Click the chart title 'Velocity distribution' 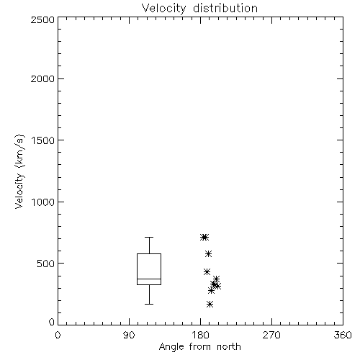click(199, 8)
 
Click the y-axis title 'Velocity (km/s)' click(19, 171)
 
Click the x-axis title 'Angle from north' click(200, 347)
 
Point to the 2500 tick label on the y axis click(42, 19)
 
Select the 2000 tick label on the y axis click(42, 78)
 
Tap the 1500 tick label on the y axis click(43, 140)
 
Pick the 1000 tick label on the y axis click(43, 202)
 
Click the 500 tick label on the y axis click(46, 264)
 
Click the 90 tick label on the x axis click(129, 335)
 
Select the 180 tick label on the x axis click(200, 335)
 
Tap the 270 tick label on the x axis click(271, 335)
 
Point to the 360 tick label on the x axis click(343, 335)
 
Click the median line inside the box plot click(149, 279)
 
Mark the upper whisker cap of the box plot click(149, 237)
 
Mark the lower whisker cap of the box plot click(149, 304)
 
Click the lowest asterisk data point click(210, 305)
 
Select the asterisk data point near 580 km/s click(208, 253)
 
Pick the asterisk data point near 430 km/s click(207, 271)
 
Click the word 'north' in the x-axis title click(229, 347)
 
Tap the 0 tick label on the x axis click(58, 335)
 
